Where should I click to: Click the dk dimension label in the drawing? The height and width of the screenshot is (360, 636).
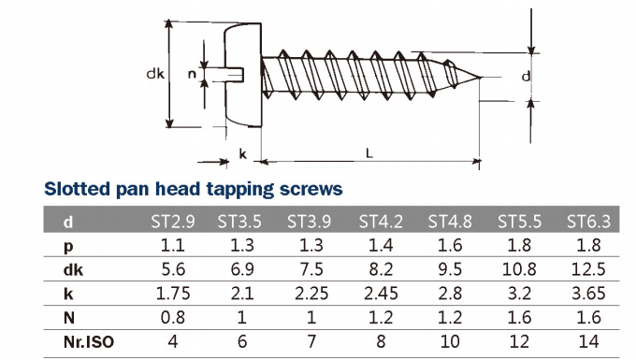pos(155,73)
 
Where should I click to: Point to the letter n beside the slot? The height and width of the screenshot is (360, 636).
pos(192,74)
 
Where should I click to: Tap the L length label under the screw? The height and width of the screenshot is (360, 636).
pos(369,153)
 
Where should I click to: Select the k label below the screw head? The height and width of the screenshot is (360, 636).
pos(242,154)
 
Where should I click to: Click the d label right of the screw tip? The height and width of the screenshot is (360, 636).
pos(526,76)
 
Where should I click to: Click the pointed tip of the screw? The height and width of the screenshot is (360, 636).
pos(482,77)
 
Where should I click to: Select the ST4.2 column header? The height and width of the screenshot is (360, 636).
pos(381,222)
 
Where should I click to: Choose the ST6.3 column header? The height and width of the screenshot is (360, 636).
pos(588,222)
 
